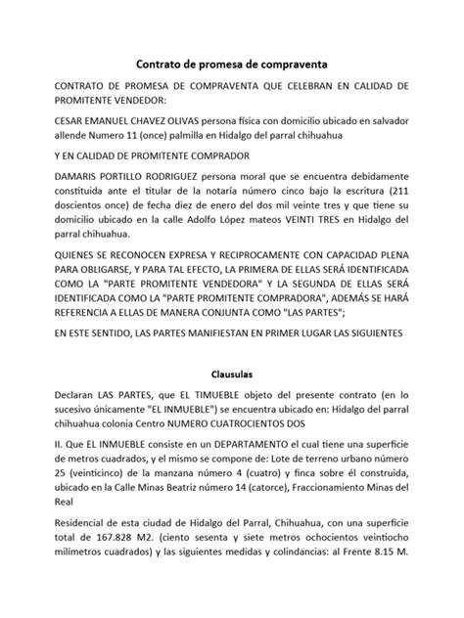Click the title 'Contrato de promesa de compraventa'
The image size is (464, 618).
(x=231, y=63)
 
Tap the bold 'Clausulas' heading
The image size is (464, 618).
(x=231, y=374)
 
